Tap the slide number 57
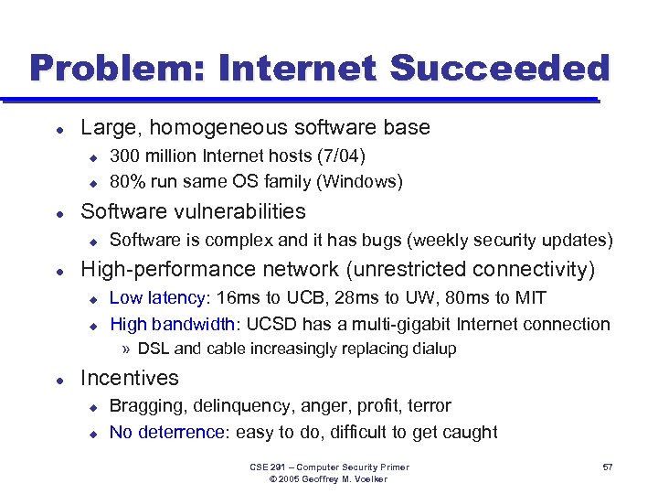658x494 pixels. (608, 467)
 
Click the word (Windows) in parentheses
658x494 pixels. (359, 180)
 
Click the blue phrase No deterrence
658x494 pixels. (166, 432)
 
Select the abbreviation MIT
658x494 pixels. (530, 297)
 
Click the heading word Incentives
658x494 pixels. (130, 378)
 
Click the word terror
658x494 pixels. (429, 405)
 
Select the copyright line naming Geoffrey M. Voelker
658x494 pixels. (330, 478)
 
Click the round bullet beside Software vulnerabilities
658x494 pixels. (58, 212)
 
